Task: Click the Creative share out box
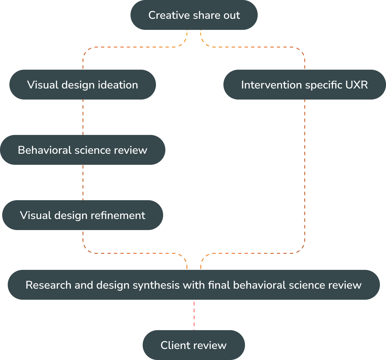tap(194, 15)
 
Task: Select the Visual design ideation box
tap(82, 85)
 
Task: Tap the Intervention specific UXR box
tap(304, 85)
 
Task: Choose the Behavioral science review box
tap(82, 150)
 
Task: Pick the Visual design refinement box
tap(82, 215)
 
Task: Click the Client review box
tap(194, 345)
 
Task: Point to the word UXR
tap(357, 85)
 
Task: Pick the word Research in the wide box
tap(48, 285)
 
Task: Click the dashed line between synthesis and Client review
tap(194, 315)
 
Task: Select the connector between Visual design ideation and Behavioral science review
tap(83, 117)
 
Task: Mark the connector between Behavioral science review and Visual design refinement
tap(83, 182)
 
